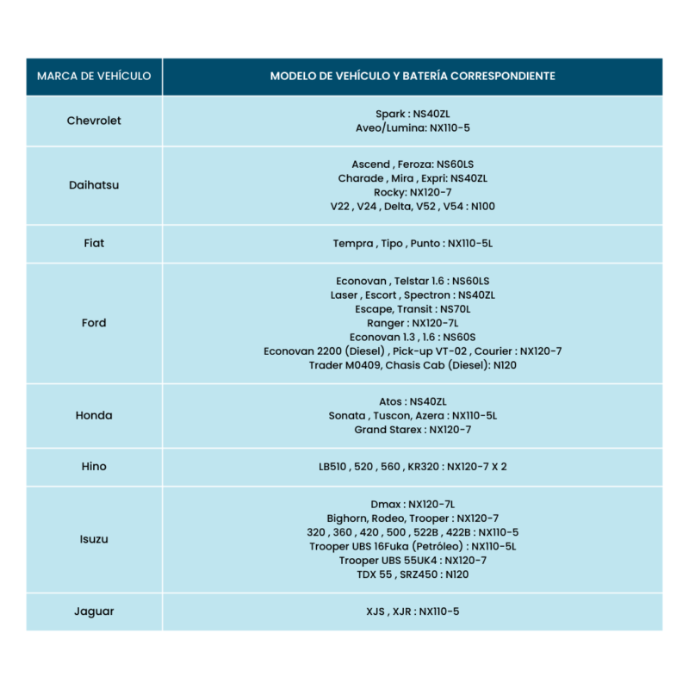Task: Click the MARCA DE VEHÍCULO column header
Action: click(x=94, y=76)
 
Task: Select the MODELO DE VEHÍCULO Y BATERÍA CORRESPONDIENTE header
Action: click(x=413, y=76)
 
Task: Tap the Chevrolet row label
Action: click(x=94, y=121)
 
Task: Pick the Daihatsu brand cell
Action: click(x=94, y=185)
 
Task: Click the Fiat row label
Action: click(x=94, y=244)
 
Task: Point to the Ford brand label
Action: click(x=94, y=323)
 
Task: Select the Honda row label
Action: click(x=94, y=415)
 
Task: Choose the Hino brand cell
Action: click(x=94, y=467)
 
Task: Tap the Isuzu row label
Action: click(x=94, y=539)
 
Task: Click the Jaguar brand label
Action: click(x=94, y=611)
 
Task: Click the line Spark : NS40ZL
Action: click(x=413, y=114)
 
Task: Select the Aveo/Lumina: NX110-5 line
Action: click(x=413, y=127)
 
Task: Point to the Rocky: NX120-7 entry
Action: click(x=413, y=192)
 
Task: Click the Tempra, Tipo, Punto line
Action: click(x=413, y=244)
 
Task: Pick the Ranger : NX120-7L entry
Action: click(x=413, y=323)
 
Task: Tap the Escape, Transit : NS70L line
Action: click(x=413, y=309)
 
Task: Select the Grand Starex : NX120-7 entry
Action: click(x=413, y=429)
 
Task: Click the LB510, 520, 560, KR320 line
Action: click(x=413, y=467)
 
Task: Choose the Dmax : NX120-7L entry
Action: click(x=413, y=504)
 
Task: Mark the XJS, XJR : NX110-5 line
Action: click(x=413, y=611)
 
